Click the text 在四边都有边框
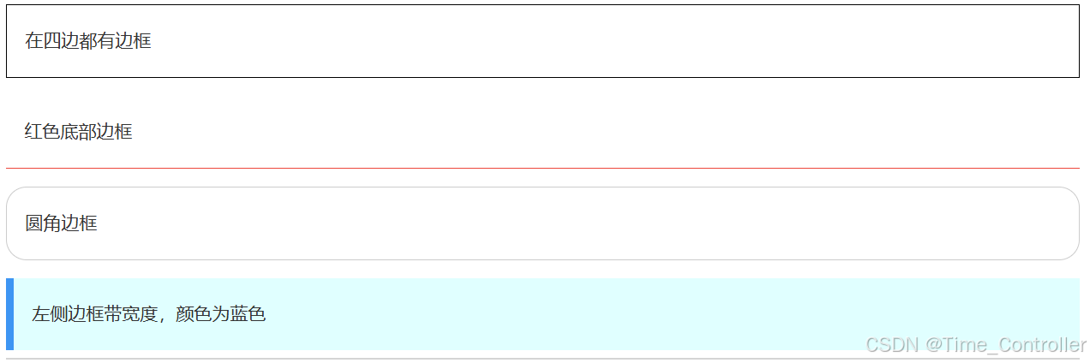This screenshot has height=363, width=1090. pyautogui.click(x=88, y=41)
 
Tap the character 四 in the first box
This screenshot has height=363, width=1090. pyautogui.click(x=52, y=41)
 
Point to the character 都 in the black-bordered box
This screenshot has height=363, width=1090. pyautogui.click(x=88, y=41)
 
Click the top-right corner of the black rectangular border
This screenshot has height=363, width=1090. pyautogui.click(x=1078, y=6)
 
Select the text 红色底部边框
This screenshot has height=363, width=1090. pyautogui.click(x=79, y=132)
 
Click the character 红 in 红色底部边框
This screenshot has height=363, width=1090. pyautogui.click(x=33, y=132)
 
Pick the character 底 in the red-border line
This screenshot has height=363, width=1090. pyautogui.click(x=70, y=132)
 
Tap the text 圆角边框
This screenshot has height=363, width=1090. pyautogui.click(x=61, y=223)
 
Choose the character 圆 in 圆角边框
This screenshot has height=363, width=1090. pyautogui.click(x=34, y=223)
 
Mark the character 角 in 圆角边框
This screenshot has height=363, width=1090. pyautogui.click(x=52, y=223)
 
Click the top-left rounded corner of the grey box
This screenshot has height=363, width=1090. pyautogui.click(x=11, y=193)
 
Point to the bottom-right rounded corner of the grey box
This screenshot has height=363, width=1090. pyautogui.click(x=1073, y=254)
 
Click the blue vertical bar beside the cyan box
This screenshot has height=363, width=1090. pyautogui.click(x=9, y=314)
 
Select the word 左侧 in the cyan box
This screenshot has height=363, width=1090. pyautogui.click(x=50, y=314)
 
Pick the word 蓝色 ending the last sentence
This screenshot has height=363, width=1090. pyautogui.click(x=248, y=314)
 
